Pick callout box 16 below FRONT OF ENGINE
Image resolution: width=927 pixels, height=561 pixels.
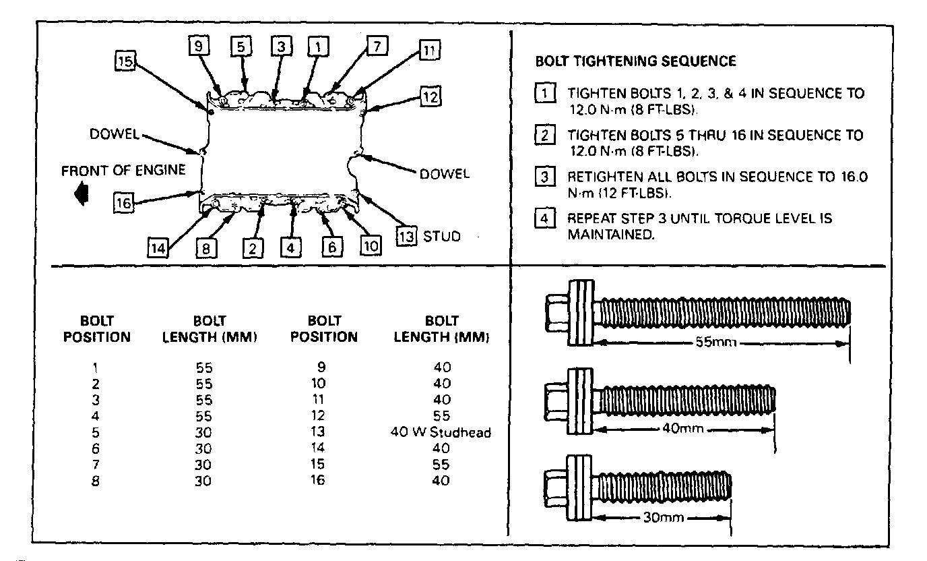(x=123, y=202)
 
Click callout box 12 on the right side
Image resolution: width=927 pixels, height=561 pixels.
(x=430, y=96)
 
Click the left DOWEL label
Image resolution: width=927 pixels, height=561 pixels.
(x=114, y=134)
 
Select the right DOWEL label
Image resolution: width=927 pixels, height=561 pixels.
(x=444, y=174)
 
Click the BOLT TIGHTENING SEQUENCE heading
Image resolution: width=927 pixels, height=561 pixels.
(x=635, y=61)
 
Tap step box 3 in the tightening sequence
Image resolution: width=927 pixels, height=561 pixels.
(x=544, y=178)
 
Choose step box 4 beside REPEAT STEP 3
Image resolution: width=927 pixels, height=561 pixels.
(x=544, y=219)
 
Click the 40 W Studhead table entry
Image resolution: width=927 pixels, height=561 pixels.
(x=441, y=432)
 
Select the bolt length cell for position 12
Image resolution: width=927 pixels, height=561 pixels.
(x=442, y=416)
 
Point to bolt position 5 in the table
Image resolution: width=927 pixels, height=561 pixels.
(x=96, y=432)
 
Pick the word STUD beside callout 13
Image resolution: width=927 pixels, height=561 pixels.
(x=442, y=237)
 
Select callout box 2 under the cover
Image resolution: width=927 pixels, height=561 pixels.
(x=253, y=248)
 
